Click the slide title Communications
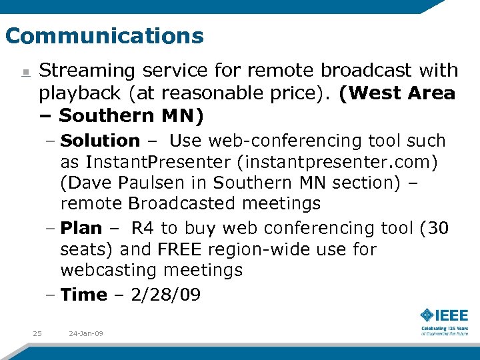point(104,35)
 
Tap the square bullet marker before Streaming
point(25,72)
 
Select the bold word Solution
point(100,141)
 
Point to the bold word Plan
point(81,228)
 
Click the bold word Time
point(83,294)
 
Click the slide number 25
point(37,333)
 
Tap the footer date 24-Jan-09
point(86,333)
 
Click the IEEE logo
point(444,315)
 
